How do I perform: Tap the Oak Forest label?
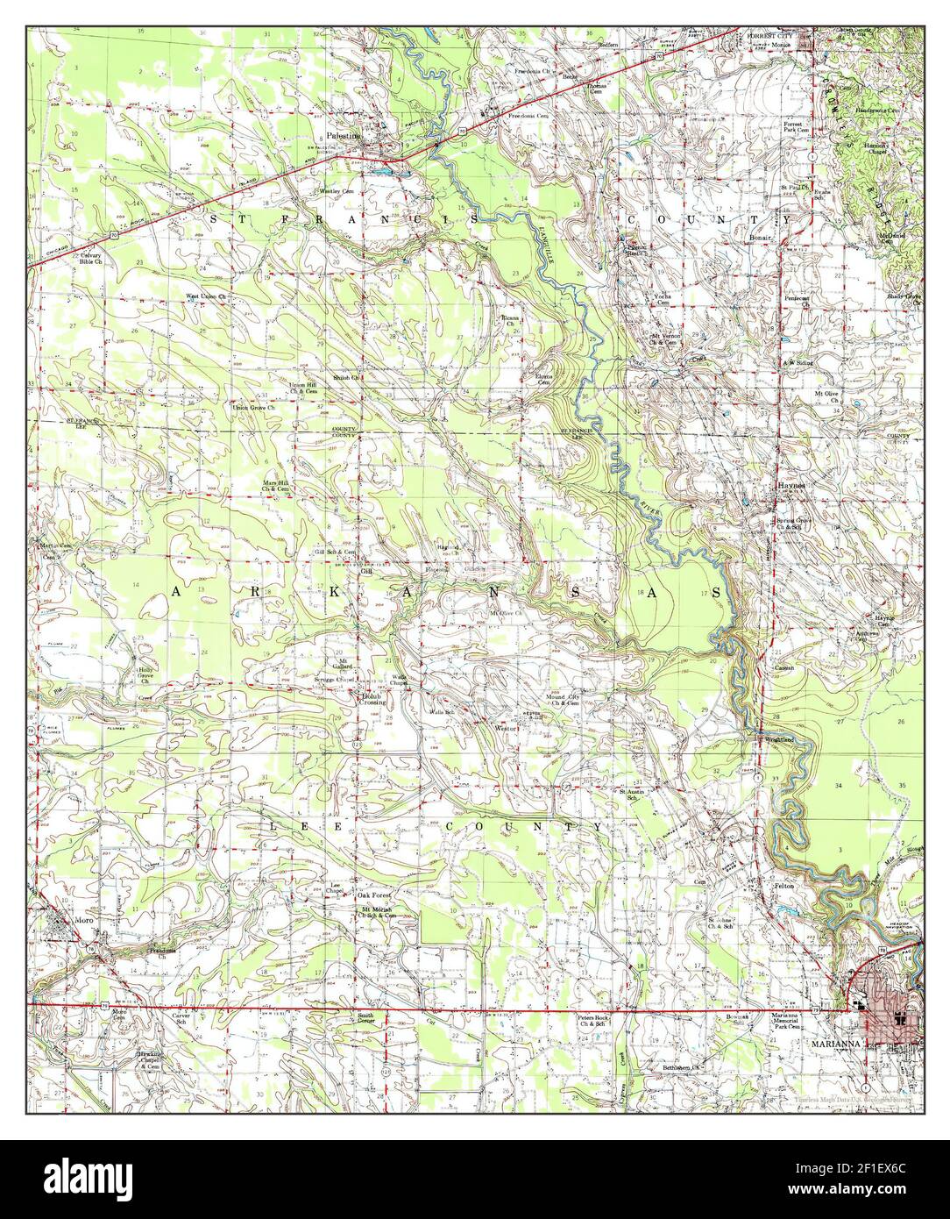(x=374, y=895)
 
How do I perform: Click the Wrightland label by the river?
(x=778, y=740)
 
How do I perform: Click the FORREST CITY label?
(x=771, y=35)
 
